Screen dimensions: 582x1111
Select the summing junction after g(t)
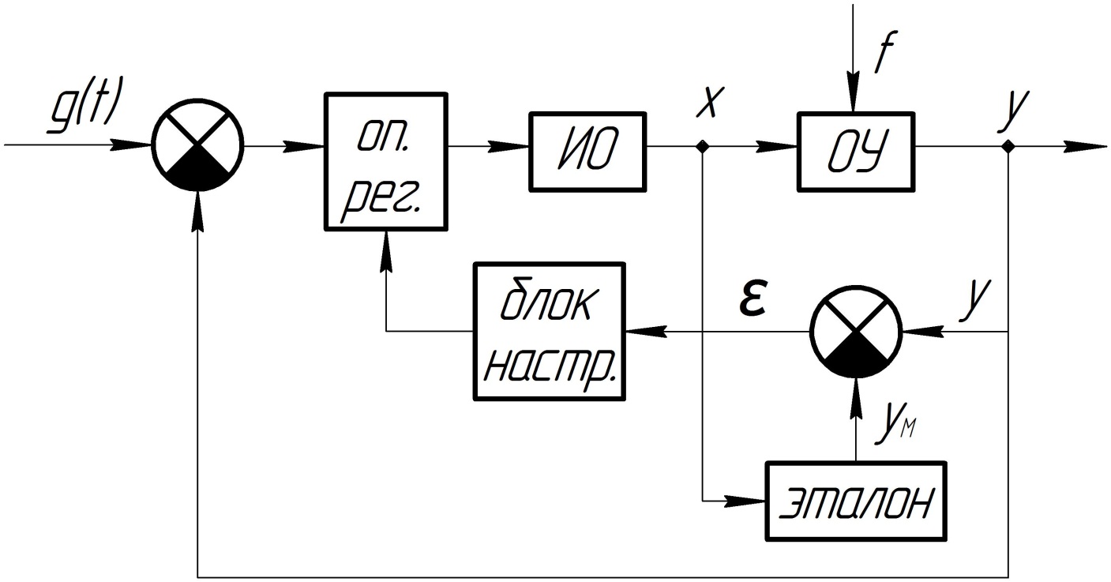198,146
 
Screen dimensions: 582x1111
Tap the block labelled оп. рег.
386,161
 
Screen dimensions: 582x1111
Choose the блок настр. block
549,332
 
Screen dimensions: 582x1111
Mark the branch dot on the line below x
703,147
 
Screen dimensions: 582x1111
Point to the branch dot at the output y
1009,147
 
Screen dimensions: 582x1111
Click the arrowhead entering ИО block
518,147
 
